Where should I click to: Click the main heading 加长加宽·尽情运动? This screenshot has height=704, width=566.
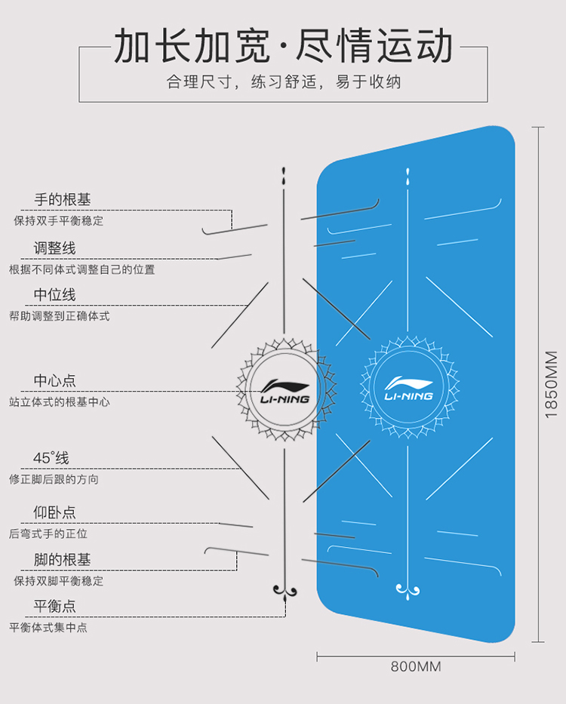click(x=283, y=46)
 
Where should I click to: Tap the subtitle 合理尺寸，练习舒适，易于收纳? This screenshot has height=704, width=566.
click(x=283, y=81)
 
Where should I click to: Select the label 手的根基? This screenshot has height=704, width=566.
click(x=63, y=200)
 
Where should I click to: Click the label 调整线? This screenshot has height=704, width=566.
click(x=54, y=248)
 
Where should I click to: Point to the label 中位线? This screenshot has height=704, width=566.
click(x=54, y=294)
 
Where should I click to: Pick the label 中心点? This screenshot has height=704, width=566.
click(x=54, y=381)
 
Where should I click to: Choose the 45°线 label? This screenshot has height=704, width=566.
click(x=51, y=458)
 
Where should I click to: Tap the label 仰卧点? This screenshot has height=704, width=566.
click(x=54, y=512)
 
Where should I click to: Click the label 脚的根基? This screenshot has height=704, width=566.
click(x=63, y=560)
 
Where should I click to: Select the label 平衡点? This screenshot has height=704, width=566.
click(x=54, y=606)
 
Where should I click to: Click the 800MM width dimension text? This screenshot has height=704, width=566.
click(x=416, y=667)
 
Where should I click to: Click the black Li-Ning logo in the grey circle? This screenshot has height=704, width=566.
click(x=285, y=389)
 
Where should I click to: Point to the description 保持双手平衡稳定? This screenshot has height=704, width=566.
click(x=59, y=221)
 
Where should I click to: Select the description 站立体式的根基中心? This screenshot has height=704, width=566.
click(x=60, y=402)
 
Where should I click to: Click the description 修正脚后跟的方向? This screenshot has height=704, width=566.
click(x=54, y=479)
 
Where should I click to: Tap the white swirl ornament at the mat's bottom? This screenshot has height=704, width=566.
click(x=408, y=588)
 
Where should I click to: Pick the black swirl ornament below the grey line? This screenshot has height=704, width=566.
click(x=285, y=589)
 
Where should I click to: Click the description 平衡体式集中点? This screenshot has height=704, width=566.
click(x=48, y=627)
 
